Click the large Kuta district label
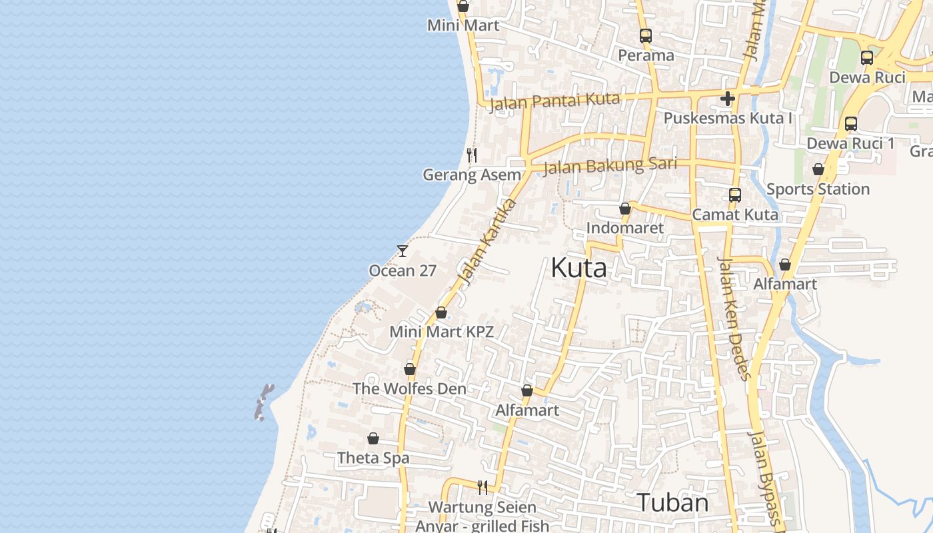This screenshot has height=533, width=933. point(578,268)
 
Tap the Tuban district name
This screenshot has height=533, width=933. point(672,502)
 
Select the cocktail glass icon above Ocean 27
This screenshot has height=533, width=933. point(402,251)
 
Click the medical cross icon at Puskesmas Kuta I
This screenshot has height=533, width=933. point(727,99)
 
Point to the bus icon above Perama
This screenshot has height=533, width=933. point(645,36)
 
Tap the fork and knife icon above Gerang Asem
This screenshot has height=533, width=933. point(472,155)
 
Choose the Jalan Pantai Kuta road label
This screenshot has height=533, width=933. point(554,101)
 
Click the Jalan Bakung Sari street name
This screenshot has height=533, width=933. point(610,165)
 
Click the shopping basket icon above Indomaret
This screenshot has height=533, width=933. point(624,209)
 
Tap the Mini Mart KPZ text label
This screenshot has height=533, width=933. point(441,331)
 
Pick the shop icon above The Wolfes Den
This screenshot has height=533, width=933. point(410,369)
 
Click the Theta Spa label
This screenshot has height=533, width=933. point(373,458)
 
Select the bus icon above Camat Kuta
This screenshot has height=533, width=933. point(734,195)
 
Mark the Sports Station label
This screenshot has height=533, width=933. point(818,189)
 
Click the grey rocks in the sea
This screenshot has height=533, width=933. point(264,401)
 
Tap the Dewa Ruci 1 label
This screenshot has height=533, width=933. point(850,143)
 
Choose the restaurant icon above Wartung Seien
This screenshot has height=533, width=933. point(482,488)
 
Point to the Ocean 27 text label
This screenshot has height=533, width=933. point(403,270)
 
